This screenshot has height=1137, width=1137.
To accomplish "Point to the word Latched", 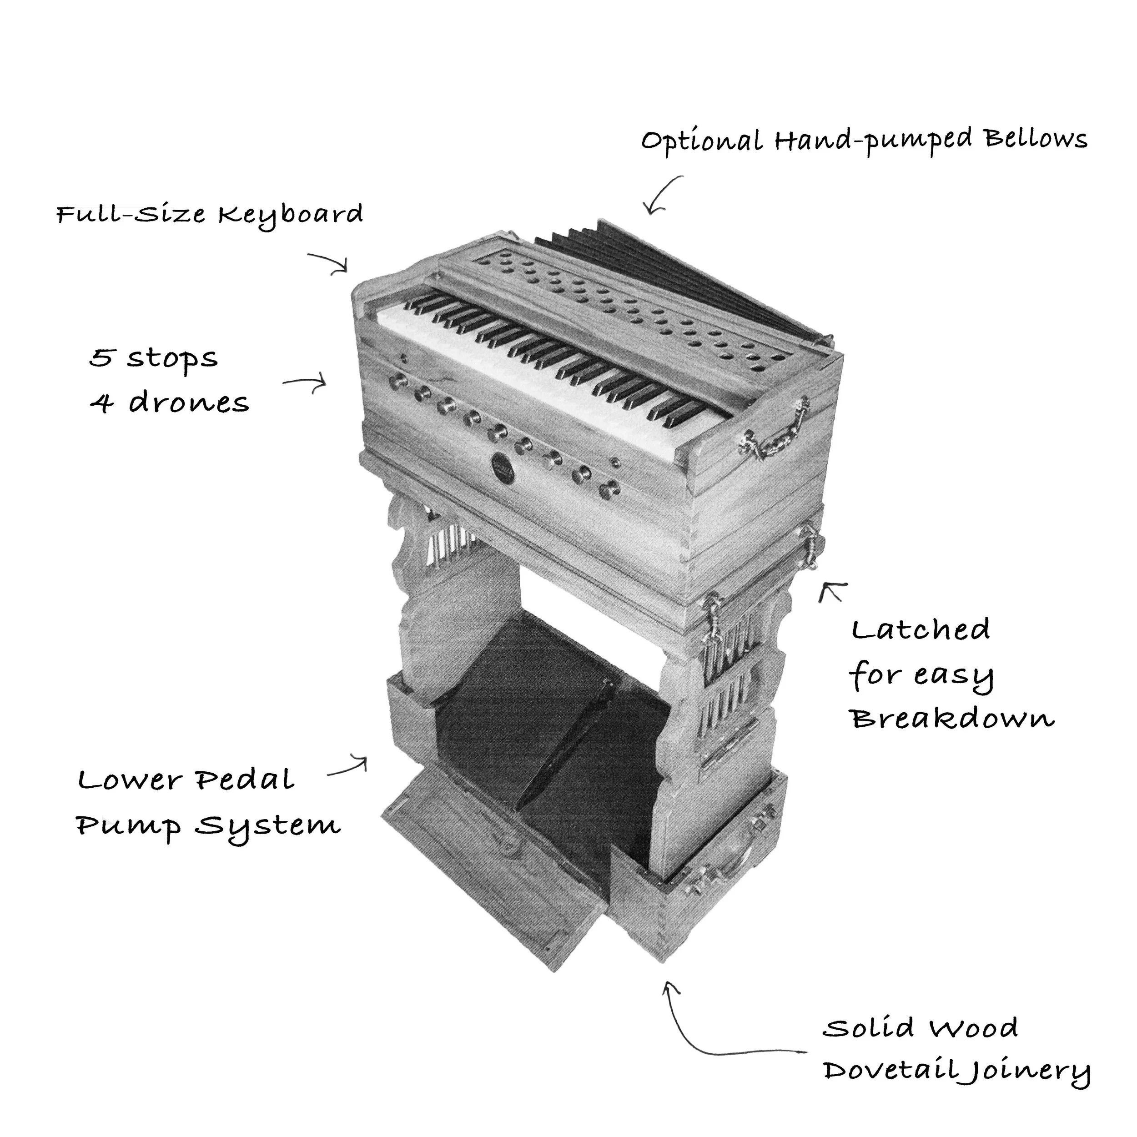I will click(921, 630).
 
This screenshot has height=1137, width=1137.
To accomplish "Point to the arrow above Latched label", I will click(831, 591).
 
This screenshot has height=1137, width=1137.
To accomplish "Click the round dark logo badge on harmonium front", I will click(504, 467).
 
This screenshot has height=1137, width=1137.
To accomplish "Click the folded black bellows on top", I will click(677, 277).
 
